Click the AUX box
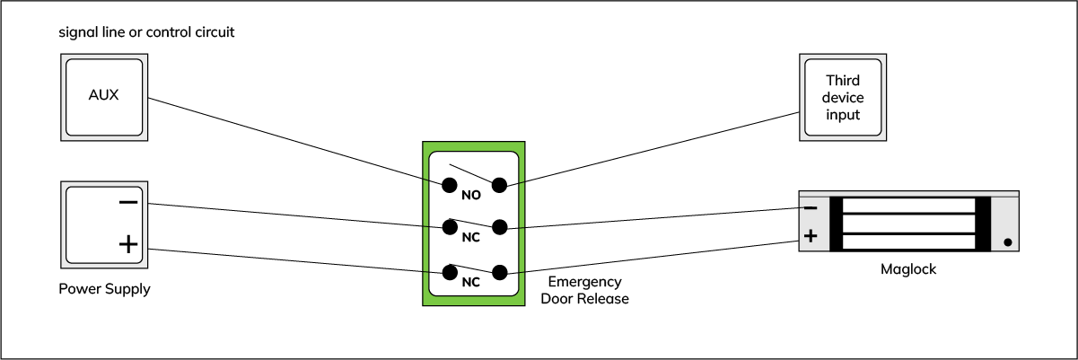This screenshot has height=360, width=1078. pyautogui.click(x=103, y=96)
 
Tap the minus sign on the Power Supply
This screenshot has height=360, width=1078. pyautogui.click(x=128, y=202)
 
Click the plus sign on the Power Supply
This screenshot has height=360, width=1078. pyautogui.click(x=128, y=244)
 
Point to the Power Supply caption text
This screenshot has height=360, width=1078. pyautogui.click(x=104, y=289)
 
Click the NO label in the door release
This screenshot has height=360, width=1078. pyautogui.click(x=471, y=194)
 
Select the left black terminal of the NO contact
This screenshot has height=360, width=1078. pyautogui.click(x=449, y=185)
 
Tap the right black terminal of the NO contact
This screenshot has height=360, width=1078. pyautogui.click(x=500, y=185)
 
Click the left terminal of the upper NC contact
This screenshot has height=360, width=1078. pyautogui.click(x=449, y=227)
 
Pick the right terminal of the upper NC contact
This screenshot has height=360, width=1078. pyautogui.click(x=500, y=227)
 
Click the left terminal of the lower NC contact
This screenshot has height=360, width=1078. pyautogui.click(x=449, y=271)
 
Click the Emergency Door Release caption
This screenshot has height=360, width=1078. pyautogui.click(x=584, y=290)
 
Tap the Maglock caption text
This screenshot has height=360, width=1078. pyautogui.click(x=907, y=268)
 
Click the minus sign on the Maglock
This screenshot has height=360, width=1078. pyautogui.click(x=810, y=208)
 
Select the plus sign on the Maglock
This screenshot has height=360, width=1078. pyautogui.click(x=810, y=237)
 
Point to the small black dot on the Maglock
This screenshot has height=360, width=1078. pyautogui.click(x=1007, y=241)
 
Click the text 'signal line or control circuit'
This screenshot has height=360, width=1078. pyautogui.click(x=146, y=33)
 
